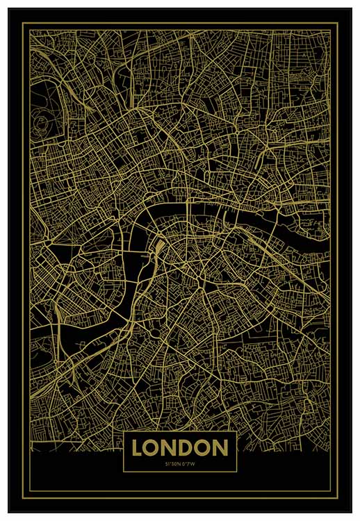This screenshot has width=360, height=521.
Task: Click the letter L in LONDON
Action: (x=138, y=449)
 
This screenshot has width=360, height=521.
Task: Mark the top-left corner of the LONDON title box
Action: (x=123, y=433)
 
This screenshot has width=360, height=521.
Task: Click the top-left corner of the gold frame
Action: (x=22, y=23)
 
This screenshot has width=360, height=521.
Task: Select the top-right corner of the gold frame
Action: (x=338, y=23)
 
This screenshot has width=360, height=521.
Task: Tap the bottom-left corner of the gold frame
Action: (x=22, y=498)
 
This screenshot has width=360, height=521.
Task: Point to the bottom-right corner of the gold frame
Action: (x=338, y=498)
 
